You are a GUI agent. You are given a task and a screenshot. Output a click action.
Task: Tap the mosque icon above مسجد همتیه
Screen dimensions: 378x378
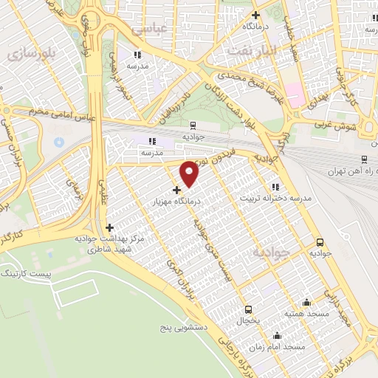(306, 302)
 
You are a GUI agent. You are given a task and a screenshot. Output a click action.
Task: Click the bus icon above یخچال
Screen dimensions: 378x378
(248, 309)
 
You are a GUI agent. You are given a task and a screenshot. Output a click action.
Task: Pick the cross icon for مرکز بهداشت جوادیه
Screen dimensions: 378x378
(110, 227)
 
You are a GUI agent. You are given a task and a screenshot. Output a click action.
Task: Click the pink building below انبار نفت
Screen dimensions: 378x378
(295, 94)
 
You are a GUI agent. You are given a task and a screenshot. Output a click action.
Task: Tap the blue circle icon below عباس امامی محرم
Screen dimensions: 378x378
(58, 140)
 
